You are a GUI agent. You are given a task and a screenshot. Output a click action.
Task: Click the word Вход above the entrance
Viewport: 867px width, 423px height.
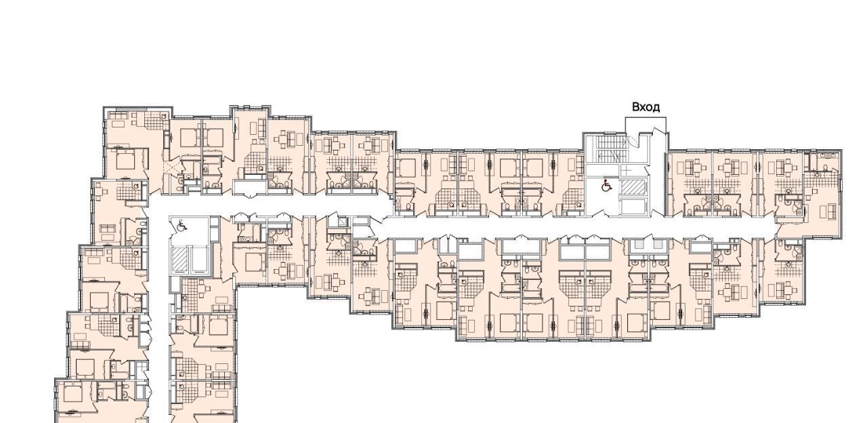(646, 107)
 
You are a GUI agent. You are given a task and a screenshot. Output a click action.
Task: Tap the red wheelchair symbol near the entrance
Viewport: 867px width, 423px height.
(606, 185)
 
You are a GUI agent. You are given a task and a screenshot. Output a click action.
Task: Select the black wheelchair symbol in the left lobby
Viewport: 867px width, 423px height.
(182, 225)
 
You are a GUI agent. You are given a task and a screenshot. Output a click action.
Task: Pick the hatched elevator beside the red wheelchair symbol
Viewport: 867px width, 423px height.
(633, 187)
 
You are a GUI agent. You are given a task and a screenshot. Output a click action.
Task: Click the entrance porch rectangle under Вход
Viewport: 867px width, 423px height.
(646, 125)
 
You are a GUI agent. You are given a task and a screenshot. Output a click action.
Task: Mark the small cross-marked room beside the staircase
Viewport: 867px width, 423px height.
(626, 171)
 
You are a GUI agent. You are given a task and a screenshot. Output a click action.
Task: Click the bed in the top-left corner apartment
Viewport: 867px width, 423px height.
(125, 159)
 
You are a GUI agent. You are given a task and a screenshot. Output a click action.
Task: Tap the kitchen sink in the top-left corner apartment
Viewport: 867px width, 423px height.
(164, 117)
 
